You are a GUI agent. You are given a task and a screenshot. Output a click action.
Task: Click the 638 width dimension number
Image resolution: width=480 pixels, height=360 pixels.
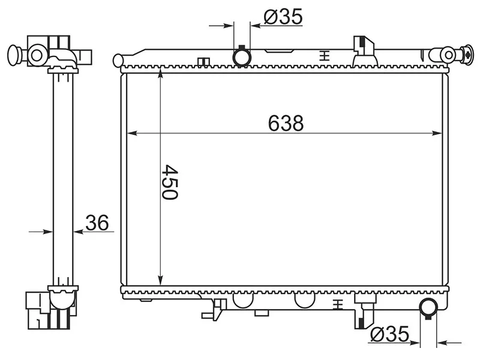pyautogui.click(x=286, y=123)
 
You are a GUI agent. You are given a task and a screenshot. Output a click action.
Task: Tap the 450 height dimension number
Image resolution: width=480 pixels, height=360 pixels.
pyautogui.click(x=170, y=182)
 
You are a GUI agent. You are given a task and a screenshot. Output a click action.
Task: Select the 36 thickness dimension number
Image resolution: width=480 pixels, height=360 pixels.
pyautogui.click(x=97, y=223)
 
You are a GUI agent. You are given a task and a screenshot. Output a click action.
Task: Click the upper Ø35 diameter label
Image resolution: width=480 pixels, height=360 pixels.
pyautogui.click(x=283, y=16)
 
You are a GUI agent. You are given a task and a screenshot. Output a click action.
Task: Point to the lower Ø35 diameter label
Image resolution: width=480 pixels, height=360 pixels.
pyautogui.click(x=389, y=334)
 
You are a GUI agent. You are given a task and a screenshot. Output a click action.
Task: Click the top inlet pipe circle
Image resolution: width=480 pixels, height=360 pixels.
pyautogui.click(x=242, y=57)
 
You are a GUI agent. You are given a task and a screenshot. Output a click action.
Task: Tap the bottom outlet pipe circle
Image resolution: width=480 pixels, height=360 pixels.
pyautogui.click(x=428, y=307)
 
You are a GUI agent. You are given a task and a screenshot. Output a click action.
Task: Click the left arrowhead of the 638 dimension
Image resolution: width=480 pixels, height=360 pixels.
pyautogui.click(x=131, y=133)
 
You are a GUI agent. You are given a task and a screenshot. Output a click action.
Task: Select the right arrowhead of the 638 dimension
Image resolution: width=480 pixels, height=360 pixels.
pyautogui.click(x=437, y=133)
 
